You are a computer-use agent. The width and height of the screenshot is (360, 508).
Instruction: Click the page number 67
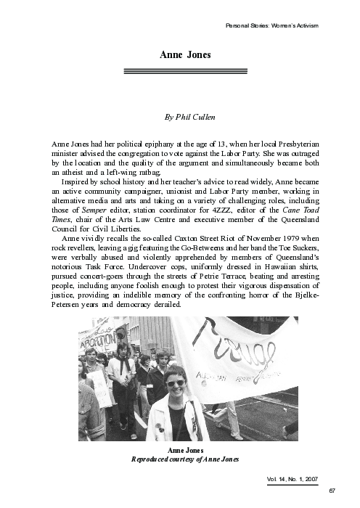(x=332, y=491)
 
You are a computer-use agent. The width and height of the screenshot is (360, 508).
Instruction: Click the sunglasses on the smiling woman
(x=176, y=383)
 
